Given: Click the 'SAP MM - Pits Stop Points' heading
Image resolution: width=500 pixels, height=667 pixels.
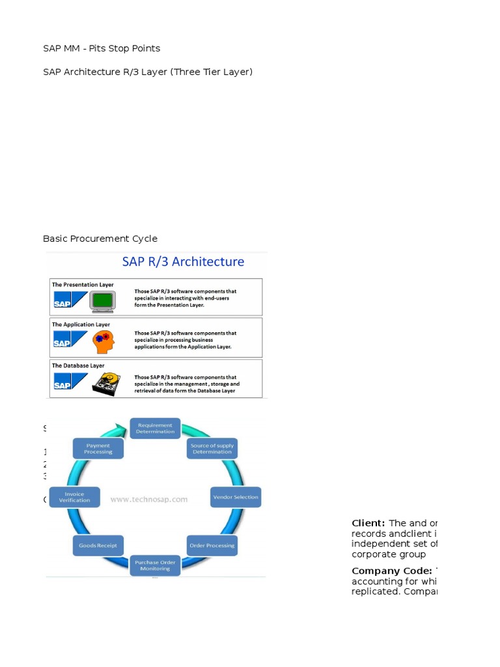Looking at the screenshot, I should point(102,48).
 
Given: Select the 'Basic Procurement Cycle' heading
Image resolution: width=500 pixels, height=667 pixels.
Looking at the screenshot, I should point(100,238).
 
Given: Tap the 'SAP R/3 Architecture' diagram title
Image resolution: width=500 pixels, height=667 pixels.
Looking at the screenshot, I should point(183,262).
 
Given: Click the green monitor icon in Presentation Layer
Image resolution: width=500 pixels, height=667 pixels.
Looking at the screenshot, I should point(102,300).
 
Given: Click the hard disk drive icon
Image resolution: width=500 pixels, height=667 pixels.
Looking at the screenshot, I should point(104,382).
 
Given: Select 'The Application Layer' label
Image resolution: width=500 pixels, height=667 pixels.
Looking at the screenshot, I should point(81,324).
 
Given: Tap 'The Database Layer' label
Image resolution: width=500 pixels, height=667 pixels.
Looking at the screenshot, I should point(78,365).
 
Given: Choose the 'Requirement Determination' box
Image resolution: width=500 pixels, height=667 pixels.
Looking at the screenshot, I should point(155,428).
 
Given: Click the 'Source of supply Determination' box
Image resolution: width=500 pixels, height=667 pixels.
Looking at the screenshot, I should point(212,449).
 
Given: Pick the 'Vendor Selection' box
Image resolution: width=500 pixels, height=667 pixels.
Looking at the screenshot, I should point(236,497).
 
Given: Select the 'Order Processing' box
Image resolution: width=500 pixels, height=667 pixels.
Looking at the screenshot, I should point(212,545).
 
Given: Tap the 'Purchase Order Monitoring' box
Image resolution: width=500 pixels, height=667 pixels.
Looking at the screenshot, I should point(155,565).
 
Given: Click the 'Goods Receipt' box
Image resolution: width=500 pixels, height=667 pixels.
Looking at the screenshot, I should point(98,545).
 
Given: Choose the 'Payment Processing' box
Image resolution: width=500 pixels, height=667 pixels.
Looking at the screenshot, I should point(98,449).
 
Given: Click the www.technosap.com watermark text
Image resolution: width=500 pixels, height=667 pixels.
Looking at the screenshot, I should point(148,500).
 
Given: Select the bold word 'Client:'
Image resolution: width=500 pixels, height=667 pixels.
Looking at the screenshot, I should point(368,523).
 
